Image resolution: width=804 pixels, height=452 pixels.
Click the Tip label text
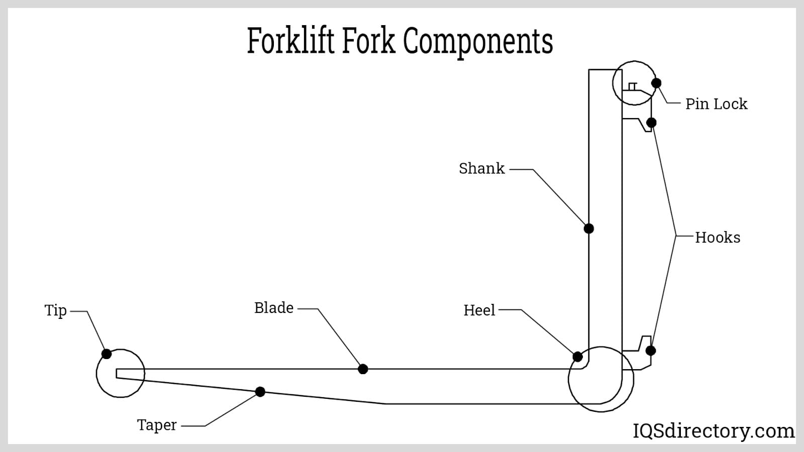coord(55,310)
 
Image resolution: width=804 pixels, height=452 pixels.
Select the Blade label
coord(274,308)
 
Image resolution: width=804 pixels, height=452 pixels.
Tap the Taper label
coord(157,425)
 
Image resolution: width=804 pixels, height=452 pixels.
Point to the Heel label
coord(479,310)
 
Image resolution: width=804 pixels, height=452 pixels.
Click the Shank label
coord(481,168)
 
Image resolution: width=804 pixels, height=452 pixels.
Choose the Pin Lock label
coord(716,104)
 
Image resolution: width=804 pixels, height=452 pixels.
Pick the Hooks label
coord(718,238)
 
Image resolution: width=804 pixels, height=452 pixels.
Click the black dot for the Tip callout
coord(107,354)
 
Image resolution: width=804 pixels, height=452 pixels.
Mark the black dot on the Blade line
coord(363,369)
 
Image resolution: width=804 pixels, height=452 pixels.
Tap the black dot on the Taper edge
coord(260,392)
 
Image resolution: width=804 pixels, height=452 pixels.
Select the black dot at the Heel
coord(578,357)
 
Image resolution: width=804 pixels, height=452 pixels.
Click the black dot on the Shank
coord(589,229)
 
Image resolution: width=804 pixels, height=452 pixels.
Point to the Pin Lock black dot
coord(656,83)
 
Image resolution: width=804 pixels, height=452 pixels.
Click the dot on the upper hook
coord(651,123)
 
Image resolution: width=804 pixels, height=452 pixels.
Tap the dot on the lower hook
coord(651,351)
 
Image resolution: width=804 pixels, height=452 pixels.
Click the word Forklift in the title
coord(290,41)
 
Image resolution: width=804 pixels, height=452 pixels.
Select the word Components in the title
coord(478,42)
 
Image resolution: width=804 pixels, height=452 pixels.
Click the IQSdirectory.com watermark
coord(714,431)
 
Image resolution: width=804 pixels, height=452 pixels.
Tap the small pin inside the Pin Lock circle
coord(633,86)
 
